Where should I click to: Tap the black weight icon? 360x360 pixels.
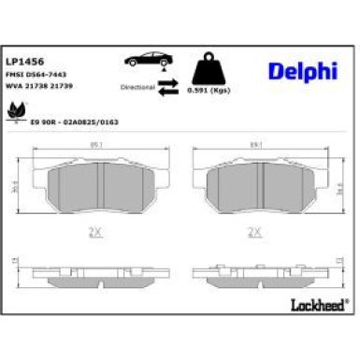(209, 68)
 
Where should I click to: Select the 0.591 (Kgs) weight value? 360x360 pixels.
(208, 92)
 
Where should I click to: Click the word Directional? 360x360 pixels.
(136, 86)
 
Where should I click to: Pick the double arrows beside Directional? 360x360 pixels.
(168, 86)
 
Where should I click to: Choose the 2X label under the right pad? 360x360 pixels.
(252, 230)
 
